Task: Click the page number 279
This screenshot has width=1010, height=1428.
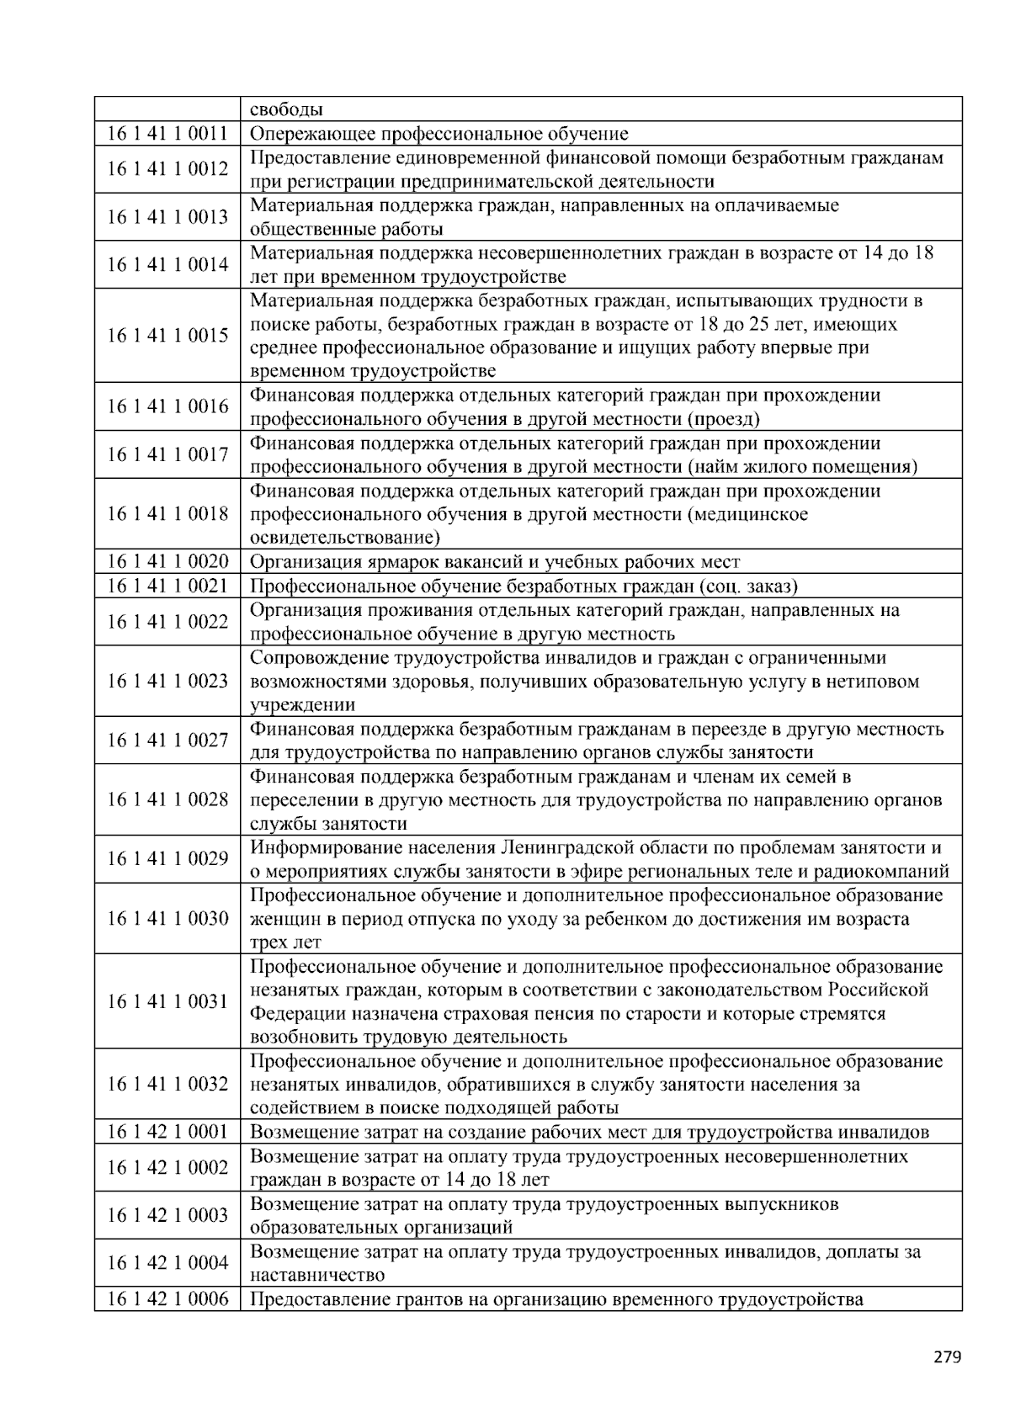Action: pyautogui.click(x=947, y=1356)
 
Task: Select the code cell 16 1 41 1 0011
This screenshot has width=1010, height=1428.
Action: pyautogui.click(x=167, y=133)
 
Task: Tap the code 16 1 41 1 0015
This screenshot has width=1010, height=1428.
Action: pyautogui.click(x=167, y=335)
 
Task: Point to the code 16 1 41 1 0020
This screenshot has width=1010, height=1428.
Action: pyautogui.click(x=167, y=561)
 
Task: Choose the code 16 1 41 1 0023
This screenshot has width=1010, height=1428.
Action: pyautogui.click(x=167, y=681)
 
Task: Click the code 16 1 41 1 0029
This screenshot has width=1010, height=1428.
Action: pyautogui.click(x=167, y=858)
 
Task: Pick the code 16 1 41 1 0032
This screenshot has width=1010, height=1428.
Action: pyautogui.click(x=167, y=1084)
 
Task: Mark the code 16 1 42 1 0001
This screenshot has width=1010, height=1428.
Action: pyautogui.click(x=167, y=1132)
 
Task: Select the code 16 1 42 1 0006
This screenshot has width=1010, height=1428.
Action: pyautogui.click(x=167, y=1298)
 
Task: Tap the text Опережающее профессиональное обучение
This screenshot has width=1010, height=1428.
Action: pyautogui.click(x=439, y=133)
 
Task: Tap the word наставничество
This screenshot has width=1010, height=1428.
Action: pyautogui.click(x=317, y=1275)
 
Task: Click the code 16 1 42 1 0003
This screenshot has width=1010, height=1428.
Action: pyautogui.click(x=167, y=1214)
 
